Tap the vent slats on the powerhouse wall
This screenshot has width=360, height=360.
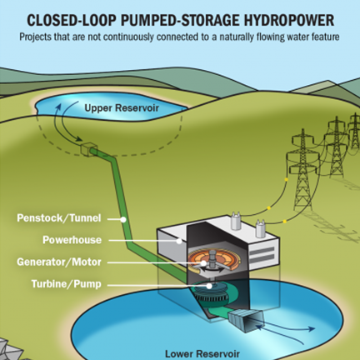[x=264, y=248]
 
